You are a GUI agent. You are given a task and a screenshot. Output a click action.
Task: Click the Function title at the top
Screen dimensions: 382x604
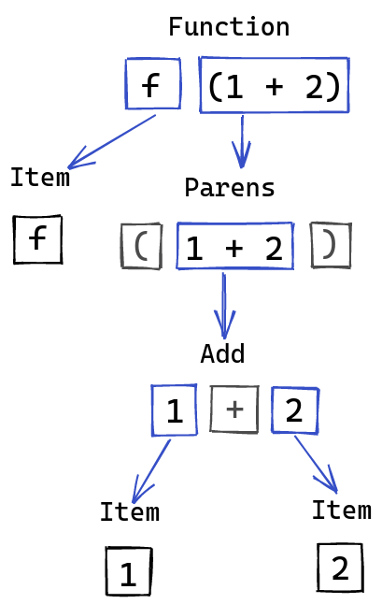point(229,27)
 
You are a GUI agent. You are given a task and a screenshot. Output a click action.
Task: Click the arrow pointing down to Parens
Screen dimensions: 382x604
point(242,142)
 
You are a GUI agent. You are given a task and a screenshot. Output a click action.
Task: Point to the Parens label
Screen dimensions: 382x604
point(230,188)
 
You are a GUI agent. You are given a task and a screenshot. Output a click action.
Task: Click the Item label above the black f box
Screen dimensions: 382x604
point(40,178)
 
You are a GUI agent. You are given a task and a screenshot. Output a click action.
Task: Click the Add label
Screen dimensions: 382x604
point(222,353)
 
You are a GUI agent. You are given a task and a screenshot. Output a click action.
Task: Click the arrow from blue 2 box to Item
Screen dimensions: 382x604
point(317,465)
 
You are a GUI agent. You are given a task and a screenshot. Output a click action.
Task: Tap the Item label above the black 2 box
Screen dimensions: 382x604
point(342,510)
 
